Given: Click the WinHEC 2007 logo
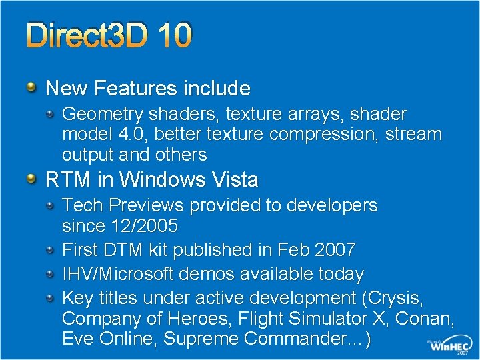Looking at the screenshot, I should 449,345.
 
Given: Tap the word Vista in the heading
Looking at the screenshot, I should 233,179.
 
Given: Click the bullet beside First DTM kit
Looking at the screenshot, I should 51,249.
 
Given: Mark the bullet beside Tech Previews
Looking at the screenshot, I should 51,205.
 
